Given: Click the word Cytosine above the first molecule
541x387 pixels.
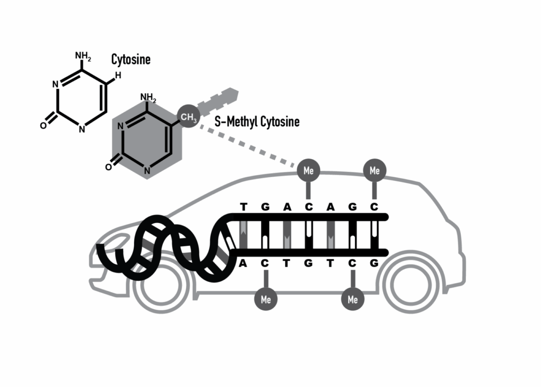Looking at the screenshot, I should pyautogui.click(x=130, y=59).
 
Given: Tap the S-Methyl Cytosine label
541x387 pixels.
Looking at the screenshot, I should pyautogui.click(x=257, y=122).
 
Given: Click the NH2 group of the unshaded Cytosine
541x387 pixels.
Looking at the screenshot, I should pyautogui.click(x=83, y=56).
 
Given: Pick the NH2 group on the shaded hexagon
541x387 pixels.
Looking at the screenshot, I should pyautogui.click(x=148, y=97).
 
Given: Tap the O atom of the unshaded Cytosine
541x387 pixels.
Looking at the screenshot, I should pyautogui.click(x=43, y=125).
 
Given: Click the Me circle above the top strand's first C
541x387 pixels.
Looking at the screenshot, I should pyautogui.click(x=309, y=171).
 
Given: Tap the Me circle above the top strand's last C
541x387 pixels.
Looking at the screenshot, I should pyautogui.click(x=375, y=171).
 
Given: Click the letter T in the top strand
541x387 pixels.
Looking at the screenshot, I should pyautogui.click(x=244, y=207).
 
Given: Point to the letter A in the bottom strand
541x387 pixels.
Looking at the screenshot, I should pyautogui.click(x=244, y=263).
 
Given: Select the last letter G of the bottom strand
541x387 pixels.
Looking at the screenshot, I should pyautogui.click(x=375, y=263).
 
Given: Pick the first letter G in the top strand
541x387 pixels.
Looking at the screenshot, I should pyautogui.click(x=266, y=207).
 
